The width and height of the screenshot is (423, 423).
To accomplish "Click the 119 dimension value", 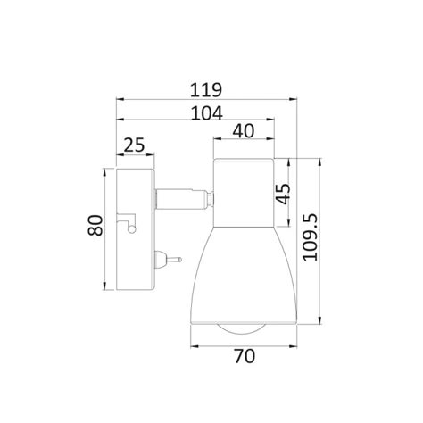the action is pyautogui.click(x=206, y=90).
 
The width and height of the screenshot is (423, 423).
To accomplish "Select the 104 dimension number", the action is pyautogui.click(x=206, y=113).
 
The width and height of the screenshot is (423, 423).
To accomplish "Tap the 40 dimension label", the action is pyautogui.click(x=244, y=131).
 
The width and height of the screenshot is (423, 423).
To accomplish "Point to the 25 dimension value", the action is pyautogui.click(x=134, y=145).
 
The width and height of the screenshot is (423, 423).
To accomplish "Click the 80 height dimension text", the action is pyautogui.click(x=95, y=225).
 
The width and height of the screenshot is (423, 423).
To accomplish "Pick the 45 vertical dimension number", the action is pyautogui.click(x=283, y=194).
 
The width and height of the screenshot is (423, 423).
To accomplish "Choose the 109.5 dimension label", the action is pyautogui.click(x=311, y=237).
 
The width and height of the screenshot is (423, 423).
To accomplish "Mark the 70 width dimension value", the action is pyautogui.click(x=245, y=356).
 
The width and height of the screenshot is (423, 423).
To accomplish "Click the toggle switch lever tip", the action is pyautogui.click(x=179, y=260).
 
